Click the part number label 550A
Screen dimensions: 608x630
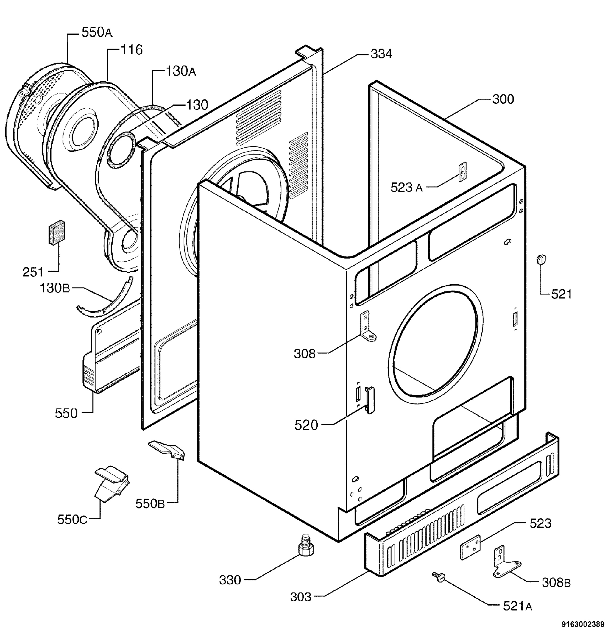pyautogui.click(x=97, y=33)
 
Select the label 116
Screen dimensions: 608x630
pyautogui.click(x=131, y=50)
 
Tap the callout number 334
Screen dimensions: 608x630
pyautogui.click(x=381, y=54)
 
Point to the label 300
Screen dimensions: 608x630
pyautogui.click(x=503, y=99)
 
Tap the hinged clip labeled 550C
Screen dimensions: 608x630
pyautogui.click(x=112, y=483)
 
